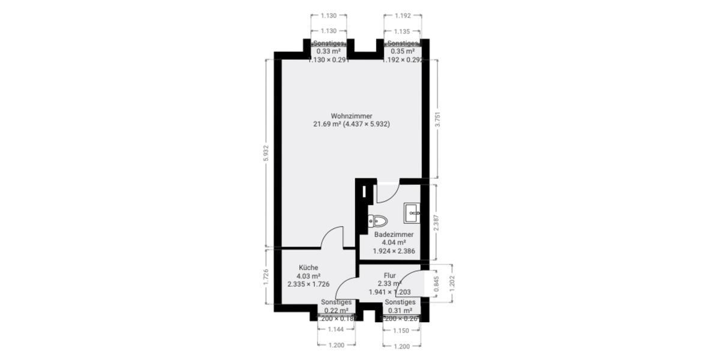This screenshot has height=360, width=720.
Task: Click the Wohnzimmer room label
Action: [x=352, y=116]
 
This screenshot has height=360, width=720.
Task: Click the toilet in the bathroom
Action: [x=379, y=220]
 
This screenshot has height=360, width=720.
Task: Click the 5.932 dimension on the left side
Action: [x=266, y=154]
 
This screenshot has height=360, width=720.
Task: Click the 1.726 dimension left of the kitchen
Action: [x=266, y=278]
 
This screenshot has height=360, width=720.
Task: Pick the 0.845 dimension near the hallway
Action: [x=436, y=283]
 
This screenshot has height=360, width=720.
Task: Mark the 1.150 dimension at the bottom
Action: [x=402, y=331]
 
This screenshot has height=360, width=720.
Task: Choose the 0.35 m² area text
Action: [x=401, y=52]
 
